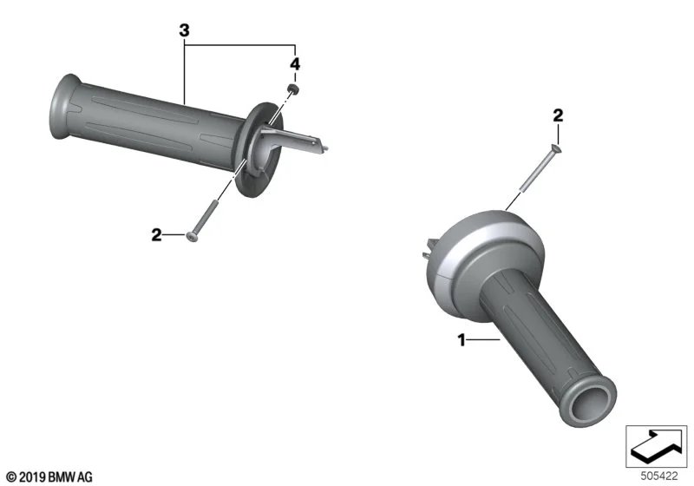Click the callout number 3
(184, 30)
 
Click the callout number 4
(295, 64)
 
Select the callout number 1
(462, 340)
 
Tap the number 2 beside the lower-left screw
(157, 234)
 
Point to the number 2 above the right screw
(558, 115)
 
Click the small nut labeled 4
(293, 89)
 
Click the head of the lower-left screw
(192, 237)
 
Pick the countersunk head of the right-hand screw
(555, 149)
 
